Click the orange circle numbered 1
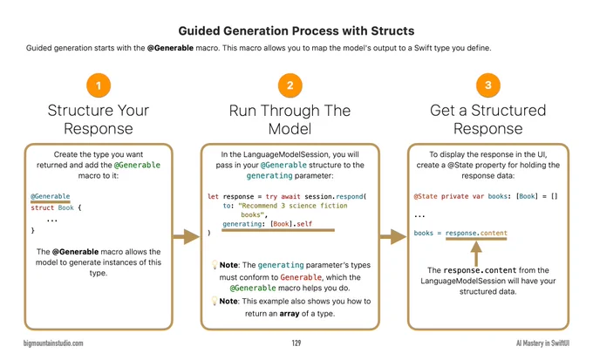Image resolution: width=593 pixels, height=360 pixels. click(x=99, y=85)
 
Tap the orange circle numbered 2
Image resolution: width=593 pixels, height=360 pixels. click(x=290, y=85)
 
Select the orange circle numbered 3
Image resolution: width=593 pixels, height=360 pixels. click(x=487, y=85)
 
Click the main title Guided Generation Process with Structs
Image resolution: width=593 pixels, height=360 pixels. click(x=296, y=31)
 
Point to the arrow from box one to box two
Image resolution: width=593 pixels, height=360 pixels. click(x=186, y=237)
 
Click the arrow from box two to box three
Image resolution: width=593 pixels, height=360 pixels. click(x=393, y=237)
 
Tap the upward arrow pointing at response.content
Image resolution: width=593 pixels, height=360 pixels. click(x=476, y=254)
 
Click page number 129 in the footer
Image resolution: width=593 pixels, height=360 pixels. click(x=296, y=343)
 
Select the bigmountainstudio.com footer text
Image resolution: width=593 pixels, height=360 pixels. click(x=53, y=343)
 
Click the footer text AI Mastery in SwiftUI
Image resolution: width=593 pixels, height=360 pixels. click(x=542, y=343)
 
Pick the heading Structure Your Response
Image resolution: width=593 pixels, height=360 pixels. click(x=99, y=119)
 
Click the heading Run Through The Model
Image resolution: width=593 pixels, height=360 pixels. click(x=290, y=119)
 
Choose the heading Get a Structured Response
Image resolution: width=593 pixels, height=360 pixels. click(x=487, y=119)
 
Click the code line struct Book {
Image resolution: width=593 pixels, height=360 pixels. click(x=56, y=207)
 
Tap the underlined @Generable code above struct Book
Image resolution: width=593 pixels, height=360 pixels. click(x=51, y=196)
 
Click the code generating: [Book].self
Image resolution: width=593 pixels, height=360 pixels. click(x=268, y=224)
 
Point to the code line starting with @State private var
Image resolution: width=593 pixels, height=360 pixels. click(x=486, y=196)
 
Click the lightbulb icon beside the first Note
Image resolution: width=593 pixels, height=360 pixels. click(x=215, y=264)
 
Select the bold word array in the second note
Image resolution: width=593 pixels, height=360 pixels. click(x=290, y=314)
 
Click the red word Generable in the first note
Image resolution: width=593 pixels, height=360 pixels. click(x=301, y=277)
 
